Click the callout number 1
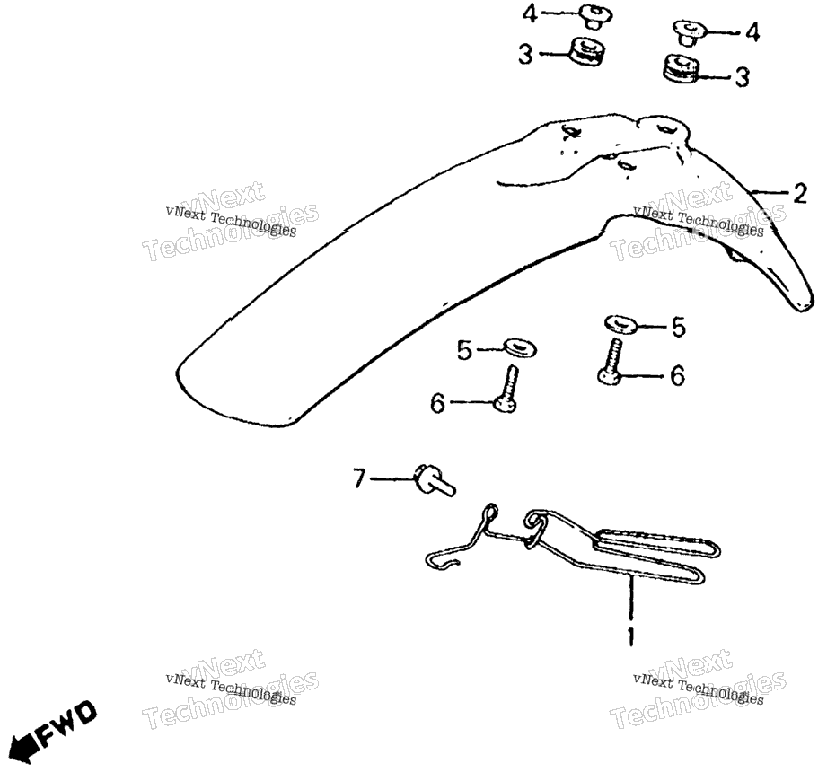coord(630,636)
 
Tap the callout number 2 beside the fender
coord(799,194)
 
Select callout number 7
coord(358,478)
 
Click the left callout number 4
coord(530,13)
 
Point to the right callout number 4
coord(752,32)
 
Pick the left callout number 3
coord(525,54)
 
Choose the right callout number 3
coord(742,77)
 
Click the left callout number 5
coord(464,350)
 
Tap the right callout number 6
coord(677,375)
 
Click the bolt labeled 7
coord(435,480)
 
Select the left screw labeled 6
coord(506,390)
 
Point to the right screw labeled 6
coord(611,362)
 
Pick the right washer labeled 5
coord(620,323)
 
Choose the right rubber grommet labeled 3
coord(681,67)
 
